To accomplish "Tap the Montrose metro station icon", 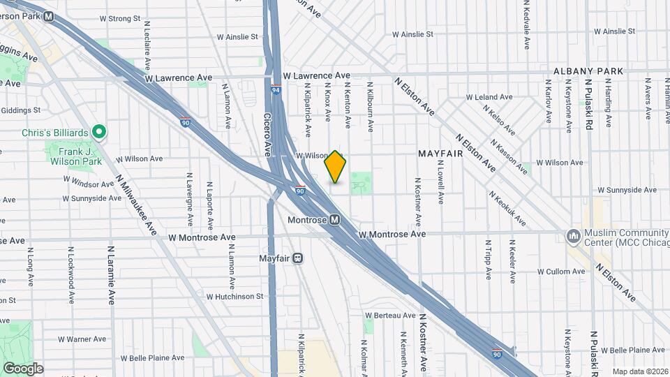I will pyautogui.click(x=335, y=221).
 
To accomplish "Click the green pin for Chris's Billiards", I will pyautogui.click(x=100, y=131).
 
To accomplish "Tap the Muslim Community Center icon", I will pyautogui.click(x=574, y=236).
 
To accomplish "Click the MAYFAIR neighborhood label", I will pyautogui.click(x=440, y=153).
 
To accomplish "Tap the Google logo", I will pyautogui.click(x=23, y=368).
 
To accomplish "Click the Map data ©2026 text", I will pyautogui.click(x=640, y=371).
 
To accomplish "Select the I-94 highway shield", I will pyautogui.click(x=276, y=89).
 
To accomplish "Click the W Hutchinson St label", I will pyautogui.click(x=235, y=296).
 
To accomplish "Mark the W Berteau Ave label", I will pyautogui.click(x=390, y=316).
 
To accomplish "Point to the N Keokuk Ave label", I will pyautogui.click(x=507, y=208).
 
